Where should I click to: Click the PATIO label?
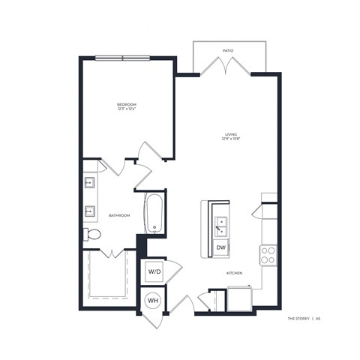tap(227, 51)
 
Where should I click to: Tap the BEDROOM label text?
tap(125, 103)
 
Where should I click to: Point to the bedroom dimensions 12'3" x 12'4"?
tap(125, 109)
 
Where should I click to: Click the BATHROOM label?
tap(119, 215)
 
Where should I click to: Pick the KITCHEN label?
tap(235, 274)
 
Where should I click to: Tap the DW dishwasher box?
tap(221, 247)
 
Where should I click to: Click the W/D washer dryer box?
tap(153, 271)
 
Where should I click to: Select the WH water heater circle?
tap(152, 301)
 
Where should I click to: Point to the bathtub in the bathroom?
tap(153, 214)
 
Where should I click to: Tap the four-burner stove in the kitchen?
tap(268, 256)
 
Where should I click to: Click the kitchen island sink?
tap(221, 223)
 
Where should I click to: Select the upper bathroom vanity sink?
tap(90, 181)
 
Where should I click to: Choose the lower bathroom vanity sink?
tap(90, 209)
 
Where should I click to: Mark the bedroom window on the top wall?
tap(128, 56)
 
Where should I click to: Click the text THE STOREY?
tap(299, 319)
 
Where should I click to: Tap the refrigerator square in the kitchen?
tap(239, 299)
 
